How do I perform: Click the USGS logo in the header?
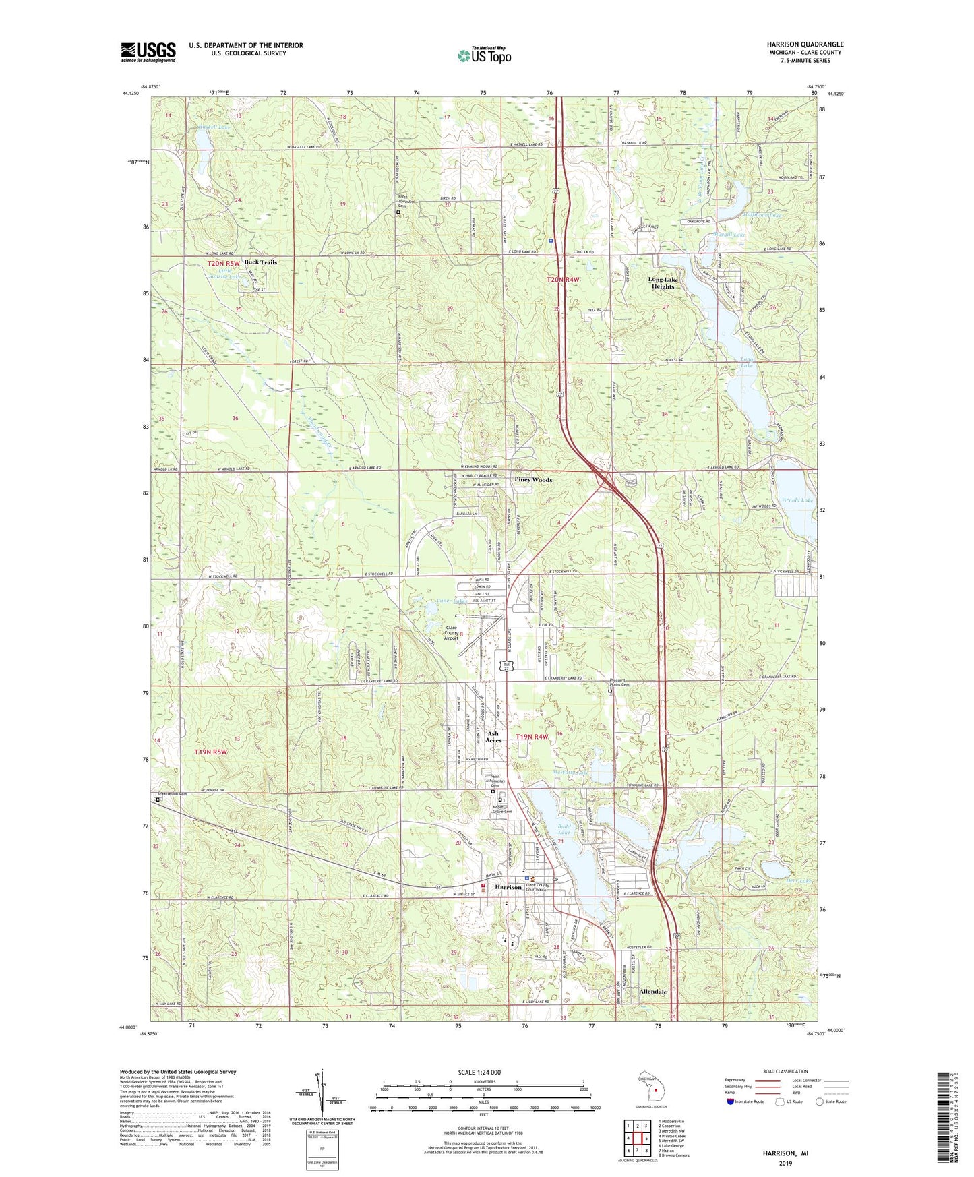(x=148, y=52)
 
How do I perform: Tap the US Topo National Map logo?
(x=483, y=55)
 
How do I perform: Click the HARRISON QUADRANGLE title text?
(x=805, y=44)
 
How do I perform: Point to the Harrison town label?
(x=508, y=887)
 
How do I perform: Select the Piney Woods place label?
(x=533, y=480)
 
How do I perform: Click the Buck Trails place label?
(x=260, y=262)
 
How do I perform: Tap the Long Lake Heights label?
(x=663, y=282)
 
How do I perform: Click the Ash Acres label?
(x=493, y=737)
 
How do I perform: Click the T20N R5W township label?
(x=223, y=263)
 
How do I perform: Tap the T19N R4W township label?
(x=532, y=737)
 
